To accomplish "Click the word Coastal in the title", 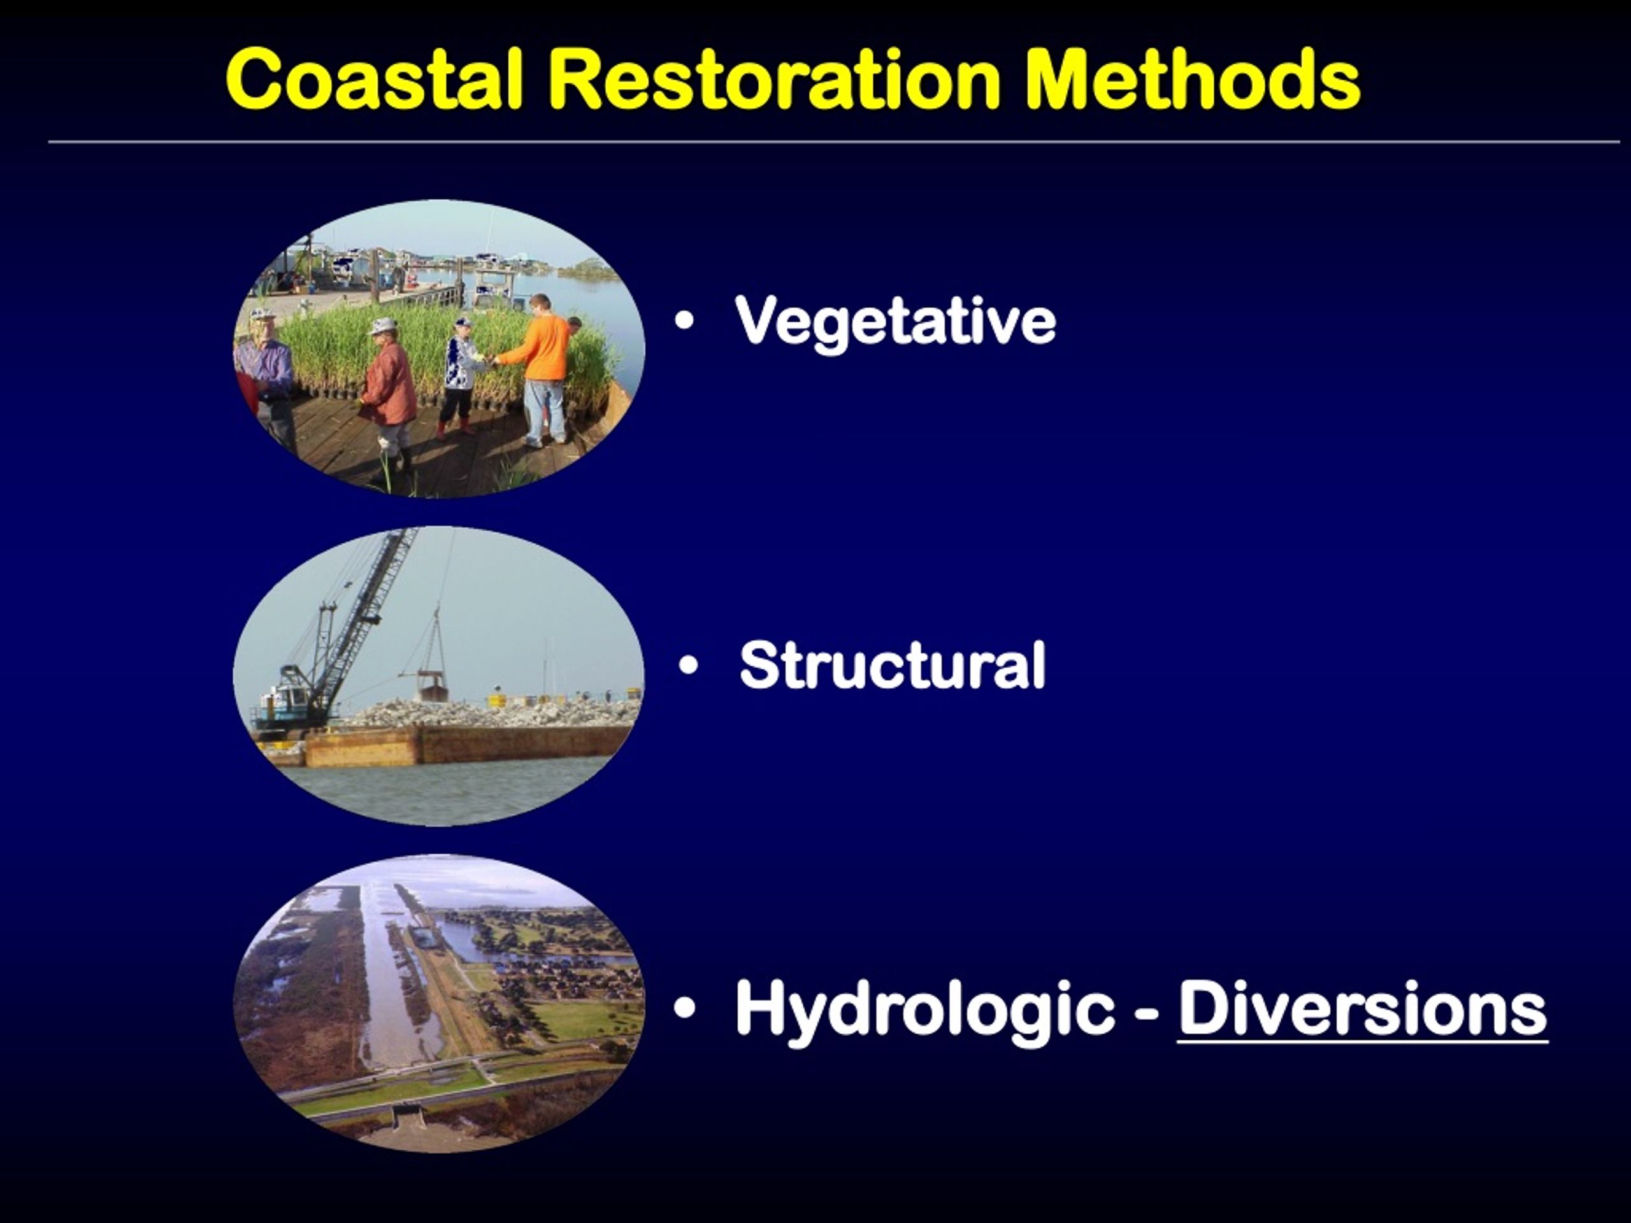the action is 375,78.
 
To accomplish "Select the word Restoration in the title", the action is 774,78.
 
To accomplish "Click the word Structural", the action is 892,665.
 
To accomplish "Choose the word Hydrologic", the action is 924,1012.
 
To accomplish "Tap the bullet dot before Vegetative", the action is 684,322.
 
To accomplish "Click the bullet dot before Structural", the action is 688,665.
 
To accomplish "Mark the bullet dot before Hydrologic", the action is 684,1008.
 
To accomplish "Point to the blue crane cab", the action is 280,704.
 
